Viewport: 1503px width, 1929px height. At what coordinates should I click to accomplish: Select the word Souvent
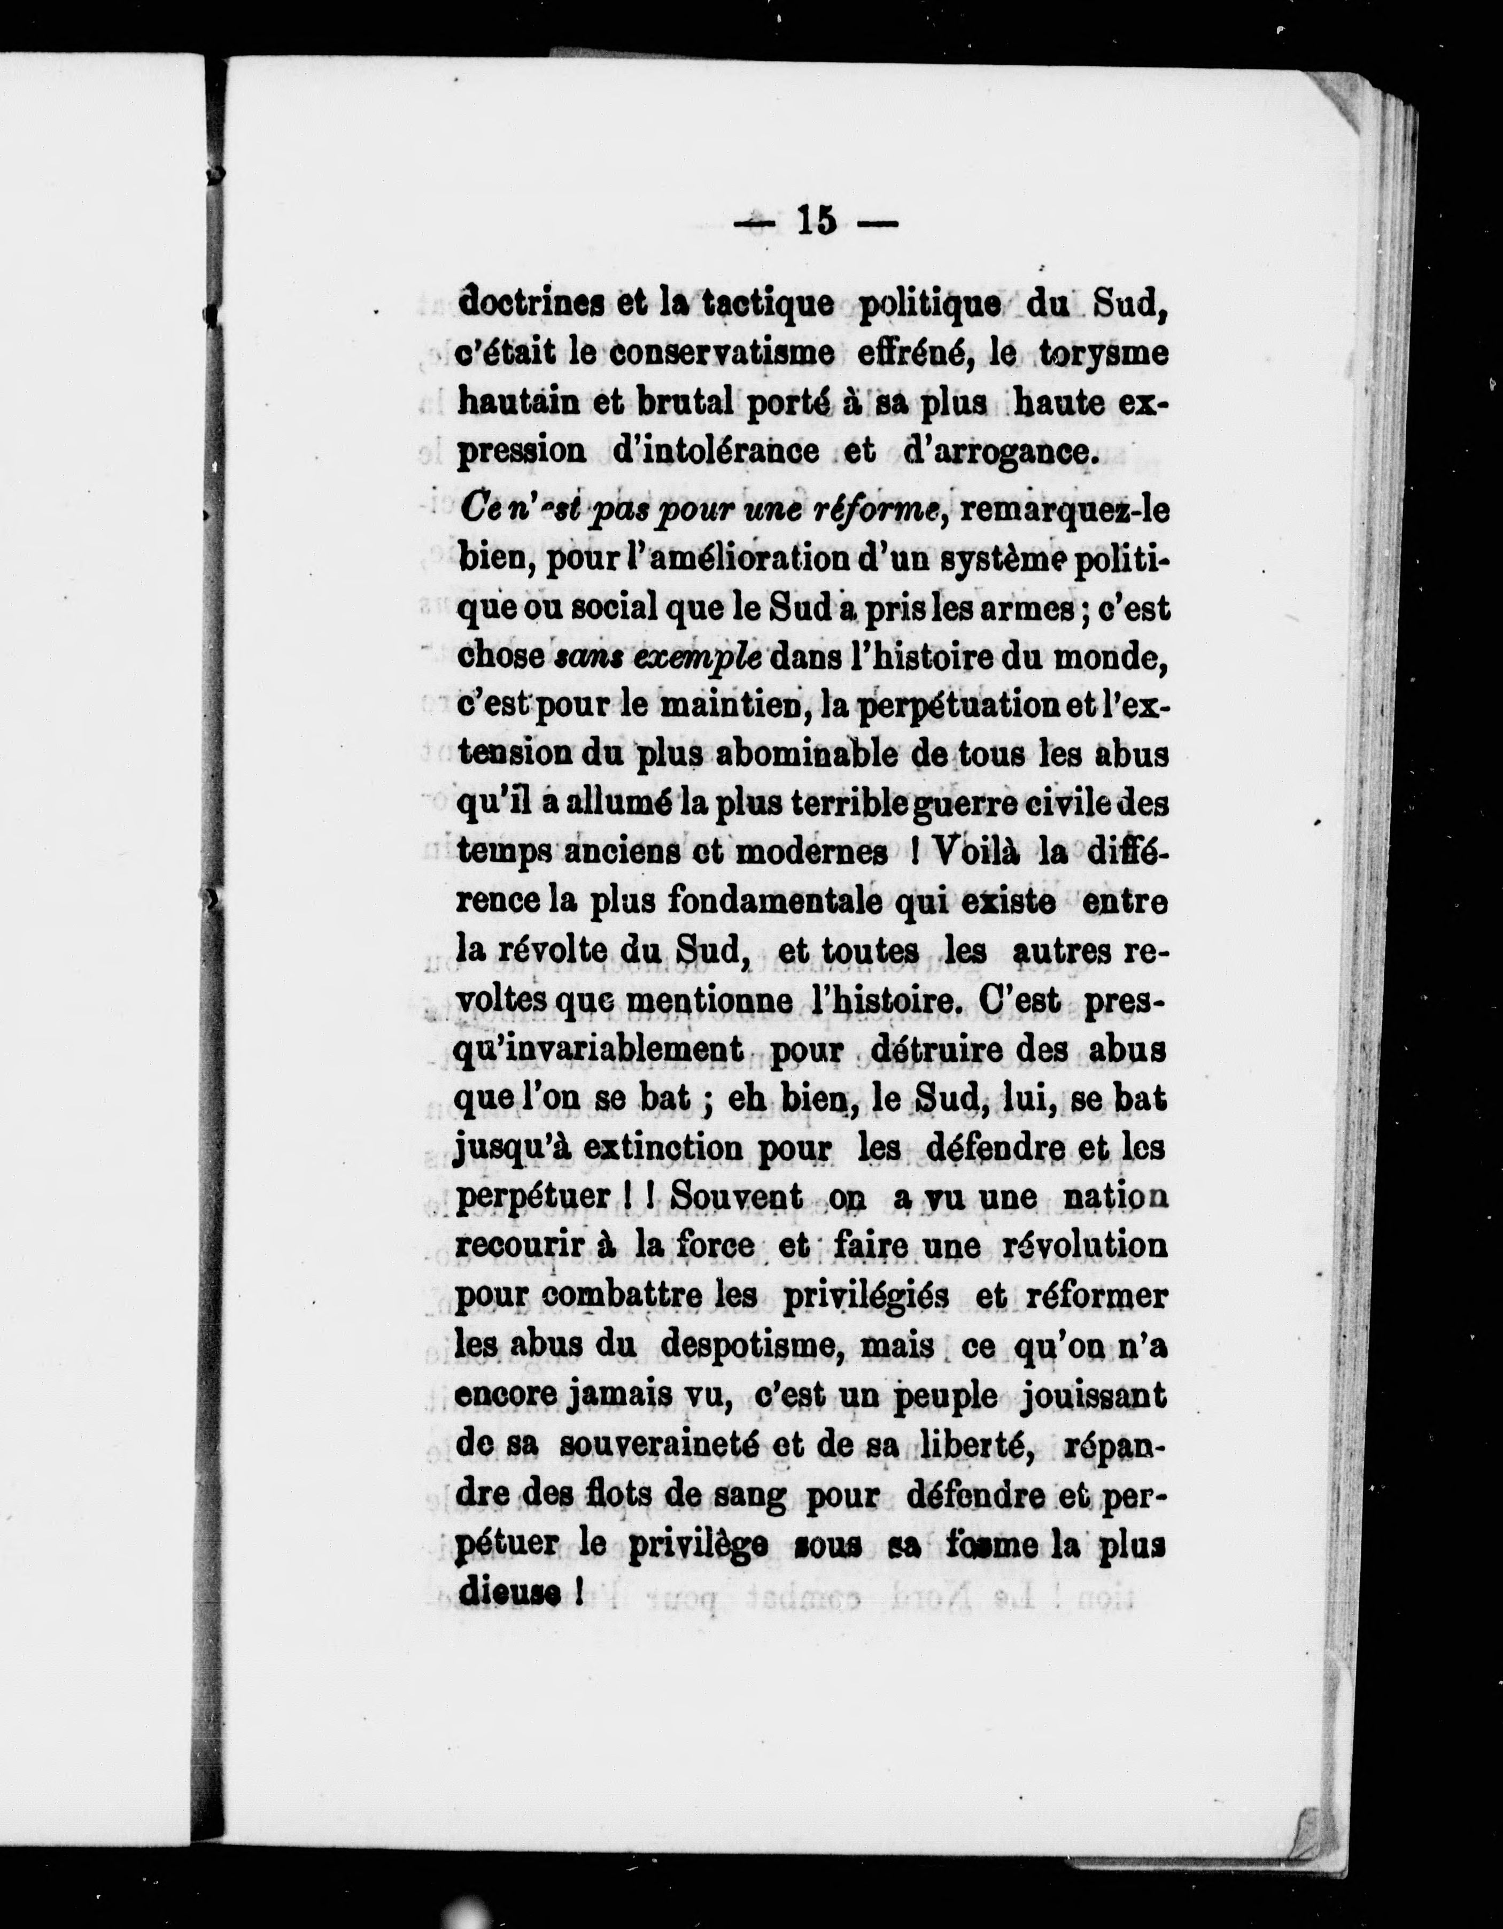tap(737, 1197)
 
